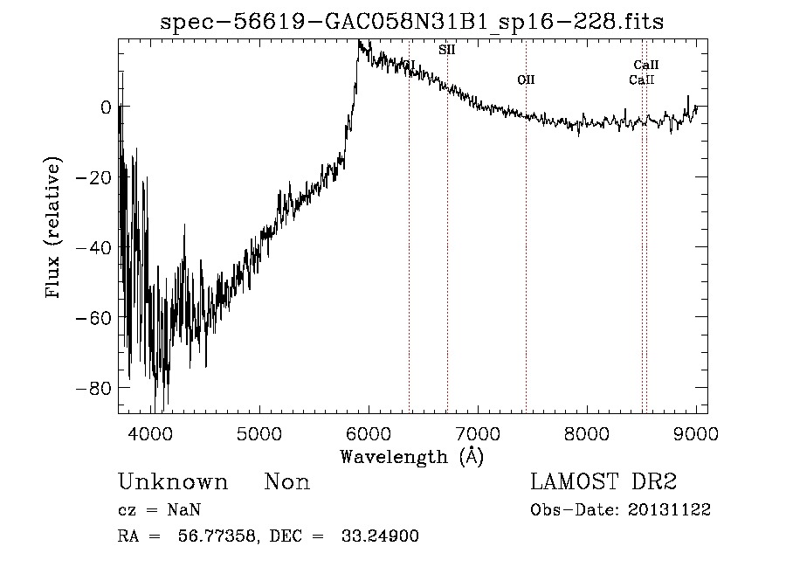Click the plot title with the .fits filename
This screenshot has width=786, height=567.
(411, 23)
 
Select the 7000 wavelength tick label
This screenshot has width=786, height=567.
(478, 433)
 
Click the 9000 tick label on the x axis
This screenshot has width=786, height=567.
(696, 433)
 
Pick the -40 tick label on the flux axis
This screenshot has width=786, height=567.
(93, 247)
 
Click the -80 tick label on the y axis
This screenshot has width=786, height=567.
(93, 387)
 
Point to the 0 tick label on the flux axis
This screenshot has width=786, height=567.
(106, 107)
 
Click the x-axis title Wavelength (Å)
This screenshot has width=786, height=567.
(411, 456)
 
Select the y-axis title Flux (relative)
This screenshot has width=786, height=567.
(54, 229)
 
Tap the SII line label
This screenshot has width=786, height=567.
(446, 50)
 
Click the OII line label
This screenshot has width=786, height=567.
(525, 80)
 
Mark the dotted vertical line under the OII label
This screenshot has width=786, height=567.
(526, 262)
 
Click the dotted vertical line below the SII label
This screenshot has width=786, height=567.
(447, 262)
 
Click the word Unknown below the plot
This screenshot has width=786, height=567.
(173, 482)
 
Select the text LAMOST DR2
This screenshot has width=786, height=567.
(603, 482)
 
